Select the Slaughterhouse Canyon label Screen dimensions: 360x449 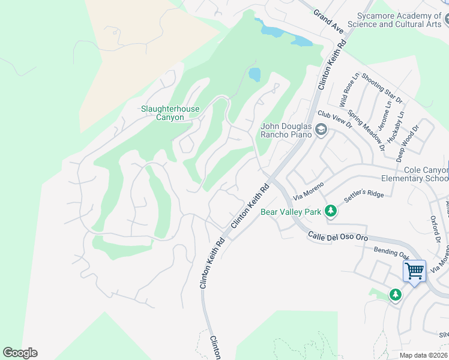170,113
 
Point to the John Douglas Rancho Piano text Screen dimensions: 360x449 286,130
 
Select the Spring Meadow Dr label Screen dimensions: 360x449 368,130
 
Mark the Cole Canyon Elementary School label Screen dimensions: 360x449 415,174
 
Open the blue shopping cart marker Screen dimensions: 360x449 414,272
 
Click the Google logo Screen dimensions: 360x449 20,353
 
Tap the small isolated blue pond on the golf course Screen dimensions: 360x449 255,74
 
